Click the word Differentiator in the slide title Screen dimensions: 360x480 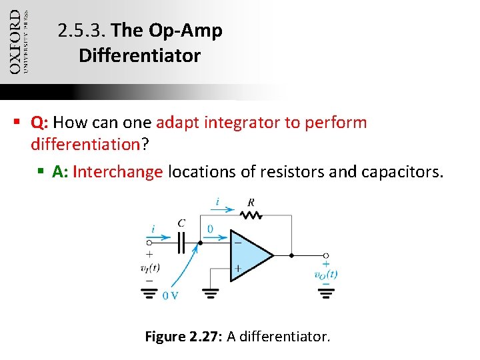click(x=139, y=56)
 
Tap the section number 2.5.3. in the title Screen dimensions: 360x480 click(x=82, y=31)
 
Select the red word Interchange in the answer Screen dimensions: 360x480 click(x=117, y=172)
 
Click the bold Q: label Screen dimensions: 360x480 click(x=39, y=123)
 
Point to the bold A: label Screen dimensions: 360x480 click(x=61, y=172)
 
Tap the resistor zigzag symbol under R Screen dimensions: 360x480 click(x=252, y=215)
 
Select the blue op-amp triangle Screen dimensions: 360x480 click(x=248, y=255)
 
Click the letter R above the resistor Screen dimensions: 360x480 click(x=251, y=203)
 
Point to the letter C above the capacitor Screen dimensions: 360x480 click(x=181, y=223)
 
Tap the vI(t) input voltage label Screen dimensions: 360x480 click(x=150, y=268)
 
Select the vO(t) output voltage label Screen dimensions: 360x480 click(x=326, y=274)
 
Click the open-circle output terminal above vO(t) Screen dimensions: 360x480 click(x=326, y=255)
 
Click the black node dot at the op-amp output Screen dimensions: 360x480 click(x=291, y=255)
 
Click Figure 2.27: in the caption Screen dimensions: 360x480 click(x=183, y=337)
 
